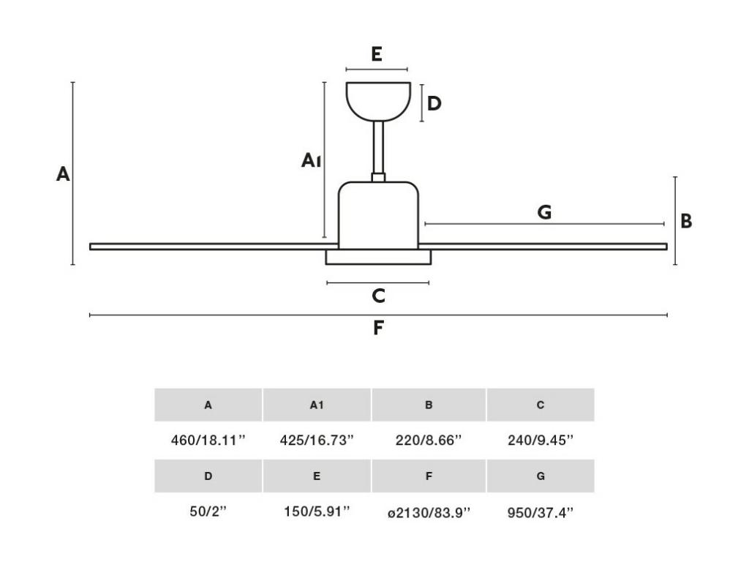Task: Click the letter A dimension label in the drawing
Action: [x=63, y=174]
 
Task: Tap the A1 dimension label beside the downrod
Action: [x=310, y=160]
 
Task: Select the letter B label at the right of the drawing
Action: [x=686, y=221]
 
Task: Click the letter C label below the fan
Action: [x=378, y=296]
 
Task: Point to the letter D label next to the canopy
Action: [x=434, y=103]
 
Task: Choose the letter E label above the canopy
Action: [x=377, y=54]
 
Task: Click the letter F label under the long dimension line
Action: [x=378, y=329]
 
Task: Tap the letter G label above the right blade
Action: [x=544, y=211]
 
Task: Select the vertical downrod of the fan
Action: [x=378, y=147]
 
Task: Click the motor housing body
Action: [x=378, y=216]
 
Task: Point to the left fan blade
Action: [x=214, y=247]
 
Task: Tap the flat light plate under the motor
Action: [x=378, y=257]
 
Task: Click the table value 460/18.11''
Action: [x=208, y=440]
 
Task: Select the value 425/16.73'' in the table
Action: [x=317, y=440]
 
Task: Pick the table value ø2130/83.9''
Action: [x=429, y=513]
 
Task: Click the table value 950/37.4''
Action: [x=541, y=513]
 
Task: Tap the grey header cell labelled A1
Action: [x=317, y=405]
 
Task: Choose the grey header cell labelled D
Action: [x=208, y=476]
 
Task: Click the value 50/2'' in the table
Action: [x=208, y=512]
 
